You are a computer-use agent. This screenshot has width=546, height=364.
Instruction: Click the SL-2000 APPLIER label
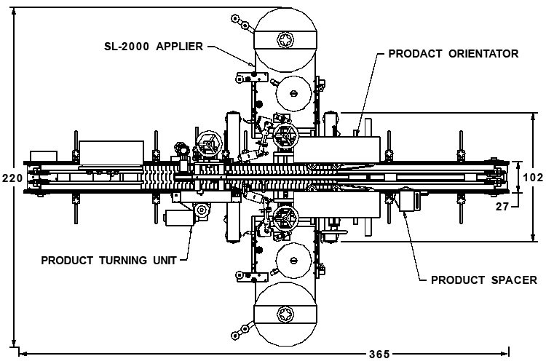pos(154,47)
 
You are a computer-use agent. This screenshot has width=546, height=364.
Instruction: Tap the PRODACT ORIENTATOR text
pos(454,54)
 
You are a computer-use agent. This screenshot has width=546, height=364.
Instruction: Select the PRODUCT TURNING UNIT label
pos(109,260)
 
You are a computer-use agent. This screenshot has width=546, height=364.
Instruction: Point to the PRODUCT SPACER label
pos(484,280)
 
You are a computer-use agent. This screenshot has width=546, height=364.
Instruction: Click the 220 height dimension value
pos(12,178)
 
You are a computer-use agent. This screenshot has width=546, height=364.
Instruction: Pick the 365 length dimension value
pos(379,355)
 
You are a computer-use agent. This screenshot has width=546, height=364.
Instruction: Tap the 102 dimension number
pos(533,178)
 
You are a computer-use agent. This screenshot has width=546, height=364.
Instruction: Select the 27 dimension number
pos(502,207)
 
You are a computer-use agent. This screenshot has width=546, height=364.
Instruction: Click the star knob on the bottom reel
pos(286,315)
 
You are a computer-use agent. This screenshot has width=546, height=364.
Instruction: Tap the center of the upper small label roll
pos(293,93)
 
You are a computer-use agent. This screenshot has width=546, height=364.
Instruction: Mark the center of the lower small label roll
pos(293,261)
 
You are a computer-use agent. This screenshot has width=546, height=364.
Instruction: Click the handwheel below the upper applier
pos(285,136)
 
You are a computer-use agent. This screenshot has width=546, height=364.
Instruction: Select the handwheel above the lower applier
pos(285,218)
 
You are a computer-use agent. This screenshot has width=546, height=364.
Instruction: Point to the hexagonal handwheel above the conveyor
pos(209,144)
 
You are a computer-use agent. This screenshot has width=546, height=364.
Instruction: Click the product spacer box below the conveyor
pos(409,199)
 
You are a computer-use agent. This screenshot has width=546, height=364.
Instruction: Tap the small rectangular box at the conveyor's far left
pos(44,156)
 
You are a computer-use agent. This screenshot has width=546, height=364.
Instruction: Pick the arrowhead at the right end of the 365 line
pos(505,354)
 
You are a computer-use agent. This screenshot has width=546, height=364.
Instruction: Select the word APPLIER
pos(179,47)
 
